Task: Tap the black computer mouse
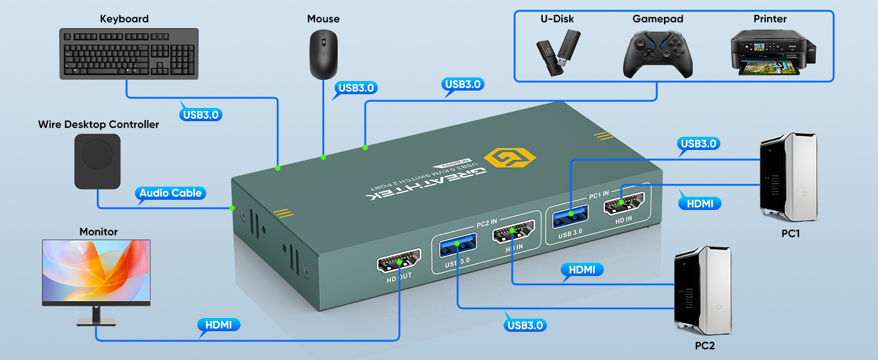[x=323, y=54]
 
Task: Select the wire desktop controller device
[x=97, y=161]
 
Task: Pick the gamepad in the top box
[x=658, y=55]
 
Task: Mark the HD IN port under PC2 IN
[x=511, y=235]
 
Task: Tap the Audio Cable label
[x=171, y=193]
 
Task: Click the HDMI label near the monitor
[x=219, y=325]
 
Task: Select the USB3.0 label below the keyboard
[x=201, y=114]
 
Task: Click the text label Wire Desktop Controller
[x=98, y=124]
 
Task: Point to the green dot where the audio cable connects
[x=232, y=208]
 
